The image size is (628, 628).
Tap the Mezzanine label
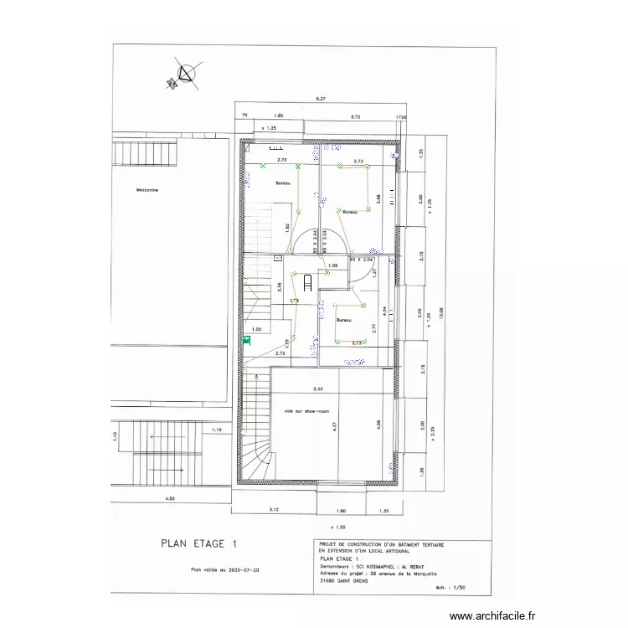coord(148,190)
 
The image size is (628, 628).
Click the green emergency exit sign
coord(247,341)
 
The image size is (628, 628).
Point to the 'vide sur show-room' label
coord(306,411)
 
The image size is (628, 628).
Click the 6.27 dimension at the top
coord(320,99)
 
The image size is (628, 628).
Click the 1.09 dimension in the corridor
coord(332,265)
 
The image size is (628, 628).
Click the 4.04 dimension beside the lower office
coord(383,311)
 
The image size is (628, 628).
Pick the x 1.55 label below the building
coord(339,528)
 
